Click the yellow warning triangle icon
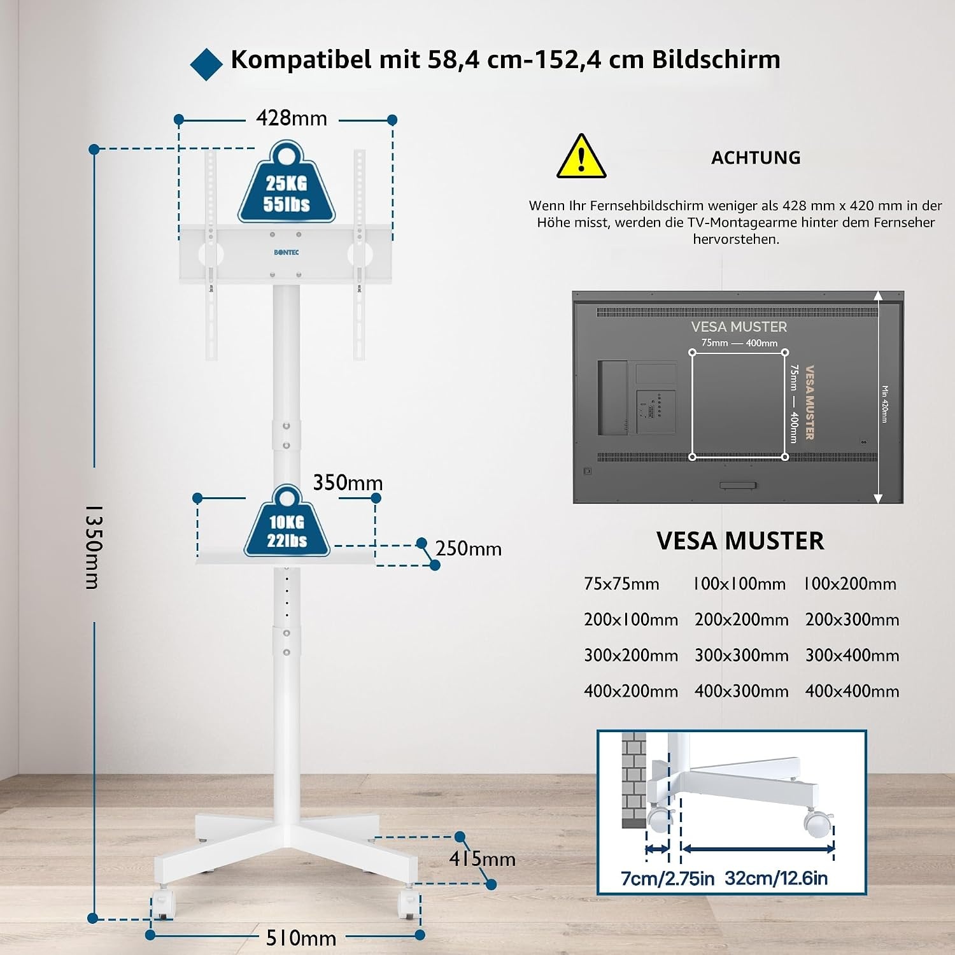click(581, 157)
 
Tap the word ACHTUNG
click(756, 158)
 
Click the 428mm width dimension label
click(292, 118)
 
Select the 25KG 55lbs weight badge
click(286, 183)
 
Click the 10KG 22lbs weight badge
click(287, 522)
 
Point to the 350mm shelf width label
click(348, 483)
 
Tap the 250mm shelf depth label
click(469, 549)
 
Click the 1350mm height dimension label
click(94, 547)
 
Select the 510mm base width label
click(301, 938)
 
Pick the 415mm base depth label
click(482, 859)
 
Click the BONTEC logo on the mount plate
click(286, 253)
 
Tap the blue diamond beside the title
click(206, 64)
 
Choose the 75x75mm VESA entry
click(621, 584)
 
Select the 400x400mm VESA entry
click(852, 691)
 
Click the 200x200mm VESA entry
click(741, 619)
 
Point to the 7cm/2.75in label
click(667, 879)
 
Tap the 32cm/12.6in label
click(776, 879)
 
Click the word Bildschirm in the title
click(716, 59)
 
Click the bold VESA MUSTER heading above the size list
click(740, 541)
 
